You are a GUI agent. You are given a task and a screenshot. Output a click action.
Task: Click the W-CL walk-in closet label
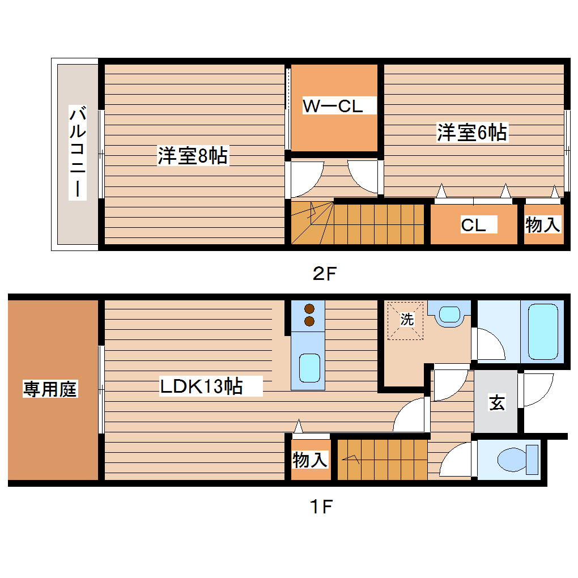pyautogui.click(x=333, y=106)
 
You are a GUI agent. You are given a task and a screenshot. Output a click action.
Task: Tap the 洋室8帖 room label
pyautogui.click(x=193, y=155)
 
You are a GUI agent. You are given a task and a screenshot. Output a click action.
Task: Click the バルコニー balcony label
pyautogui.click(x=78, y=152)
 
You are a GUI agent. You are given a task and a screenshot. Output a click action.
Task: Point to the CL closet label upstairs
pyautogui.click(x=473, y=225)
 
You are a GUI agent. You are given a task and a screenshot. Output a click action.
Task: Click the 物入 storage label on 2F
pyautogui.click(x=543, y=225)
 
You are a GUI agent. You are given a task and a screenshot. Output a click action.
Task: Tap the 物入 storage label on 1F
pyautogui.click(x=310, y=460)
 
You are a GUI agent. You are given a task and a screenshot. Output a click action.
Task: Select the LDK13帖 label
pyautogui.click(x=201, y=386)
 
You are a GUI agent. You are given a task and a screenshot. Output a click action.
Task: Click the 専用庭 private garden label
pyautogui.click(x=50, y=389)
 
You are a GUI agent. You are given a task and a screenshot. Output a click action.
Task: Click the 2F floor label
pyautogui.click(x=325, y=274)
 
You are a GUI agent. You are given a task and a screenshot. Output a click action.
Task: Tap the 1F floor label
pyautogui.click(x=320, y=506)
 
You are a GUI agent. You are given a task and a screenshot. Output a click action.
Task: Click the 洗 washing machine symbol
pyautogui.click(x=406, y=320)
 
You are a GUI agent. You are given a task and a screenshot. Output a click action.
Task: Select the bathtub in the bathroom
pyautogui.click(x=543, y=330)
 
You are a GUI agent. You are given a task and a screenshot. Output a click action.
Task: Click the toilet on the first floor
pyautogui.click(x=516, y=459)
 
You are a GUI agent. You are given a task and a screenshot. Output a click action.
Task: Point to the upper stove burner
pyautogui.click(x=309, y=309)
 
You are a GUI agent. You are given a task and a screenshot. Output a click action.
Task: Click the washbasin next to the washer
pyautogui.click(x=450, y=314)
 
